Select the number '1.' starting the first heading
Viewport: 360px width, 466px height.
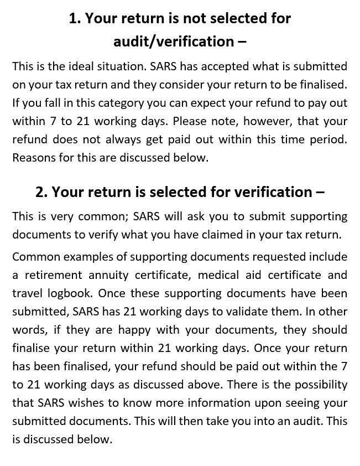point(75,18)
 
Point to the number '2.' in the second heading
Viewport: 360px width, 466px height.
point(41,192)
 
